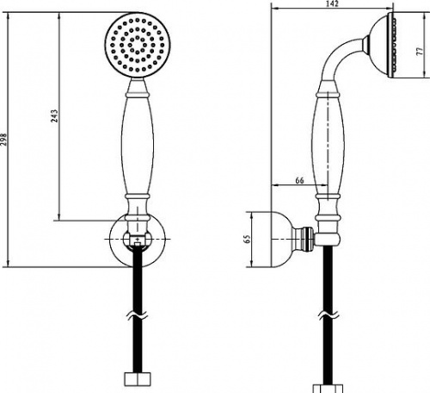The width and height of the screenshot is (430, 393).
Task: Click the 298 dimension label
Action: [x=3, y=140]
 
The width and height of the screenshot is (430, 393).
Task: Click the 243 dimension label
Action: [x=54, y=115]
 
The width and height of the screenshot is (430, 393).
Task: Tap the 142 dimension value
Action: [x=332, y=3]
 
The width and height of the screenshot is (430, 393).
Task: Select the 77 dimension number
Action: [x=421, y=51]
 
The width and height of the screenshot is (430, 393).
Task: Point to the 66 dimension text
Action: [x=299, y=180]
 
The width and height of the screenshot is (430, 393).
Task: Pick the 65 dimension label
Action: [x=247, y=239]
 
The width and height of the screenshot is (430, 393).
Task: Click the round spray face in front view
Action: [x=138, y=45]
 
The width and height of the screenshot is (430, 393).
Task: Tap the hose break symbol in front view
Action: [x=138, y=315]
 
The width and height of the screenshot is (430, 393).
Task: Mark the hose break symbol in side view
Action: [x=329, y=315]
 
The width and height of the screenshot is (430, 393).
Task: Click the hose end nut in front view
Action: [x=138, y=379]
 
